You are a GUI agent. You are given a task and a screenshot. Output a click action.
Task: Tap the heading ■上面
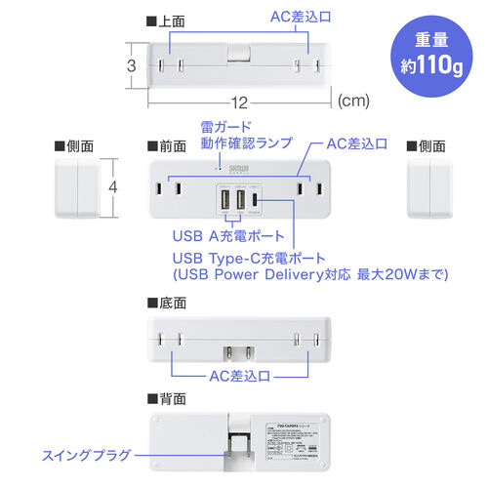[x=165, y=19]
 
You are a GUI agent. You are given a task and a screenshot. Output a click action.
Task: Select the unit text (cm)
[x=354, y=100]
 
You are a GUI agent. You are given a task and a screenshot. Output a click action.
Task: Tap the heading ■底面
[x=165, y=304]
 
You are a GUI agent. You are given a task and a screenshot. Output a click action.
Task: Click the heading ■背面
[x=165, y=399]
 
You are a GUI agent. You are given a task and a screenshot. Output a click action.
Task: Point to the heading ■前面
[x=165, y=145]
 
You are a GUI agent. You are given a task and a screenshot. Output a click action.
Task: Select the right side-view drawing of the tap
[x=427, y=187]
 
